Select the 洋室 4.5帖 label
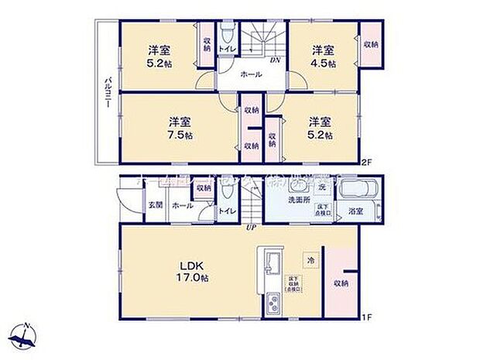point(319,57)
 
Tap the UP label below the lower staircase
point(250,227)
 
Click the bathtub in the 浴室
point(358,190)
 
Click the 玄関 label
point(154,206)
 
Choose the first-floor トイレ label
point(227,211)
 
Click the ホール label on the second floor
point(250,75)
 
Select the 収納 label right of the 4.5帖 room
point(370,45)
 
